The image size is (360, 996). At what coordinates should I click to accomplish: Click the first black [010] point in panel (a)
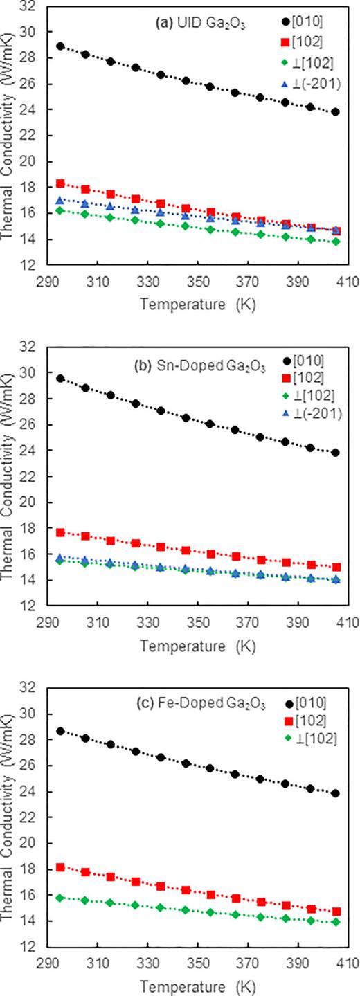point(60,46)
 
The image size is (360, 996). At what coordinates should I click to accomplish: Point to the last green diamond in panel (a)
point(336,242)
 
